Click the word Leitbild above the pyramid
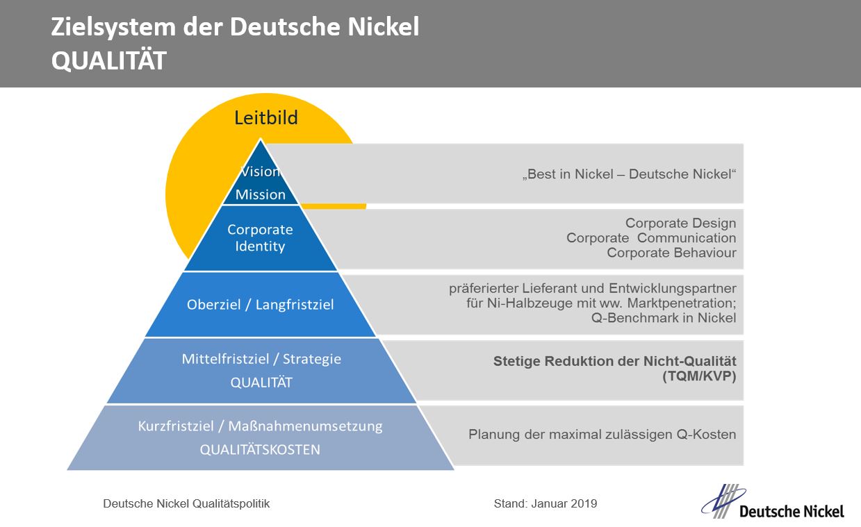click(265, 117)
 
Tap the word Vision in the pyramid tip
click(260, 172)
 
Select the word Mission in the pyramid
click(260, 194)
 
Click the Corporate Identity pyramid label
click(260, 237)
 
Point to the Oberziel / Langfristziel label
click(260, 304)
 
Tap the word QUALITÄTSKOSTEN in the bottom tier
click(260, 449)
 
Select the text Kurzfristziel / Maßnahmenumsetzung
click(260, 426)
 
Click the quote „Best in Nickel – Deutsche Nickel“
click(628, 174)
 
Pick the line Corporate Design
click(680, 223)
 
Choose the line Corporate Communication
click(651, 238)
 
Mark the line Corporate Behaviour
click(671, 253)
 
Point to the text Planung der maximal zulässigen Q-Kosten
click(602, 435)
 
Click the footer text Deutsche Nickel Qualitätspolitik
click(186, 503)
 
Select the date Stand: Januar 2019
click(546, 503)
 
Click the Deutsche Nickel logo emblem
click(723, 501)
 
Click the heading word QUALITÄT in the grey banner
click(108, 61)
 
